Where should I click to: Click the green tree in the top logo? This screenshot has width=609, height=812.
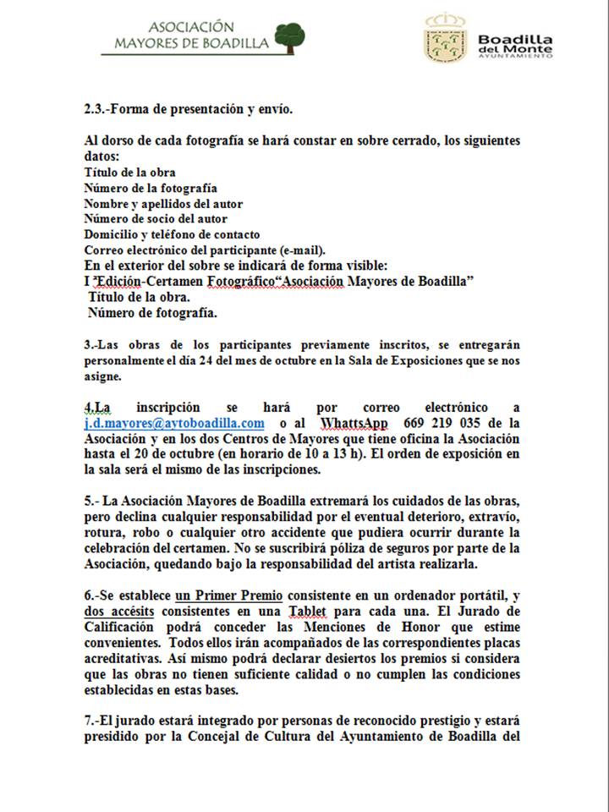288,35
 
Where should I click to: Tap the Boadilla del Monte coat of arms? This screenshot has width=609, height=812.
444,38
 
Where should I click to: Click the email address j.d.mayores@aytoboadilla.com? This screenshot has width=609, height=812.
174,423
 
